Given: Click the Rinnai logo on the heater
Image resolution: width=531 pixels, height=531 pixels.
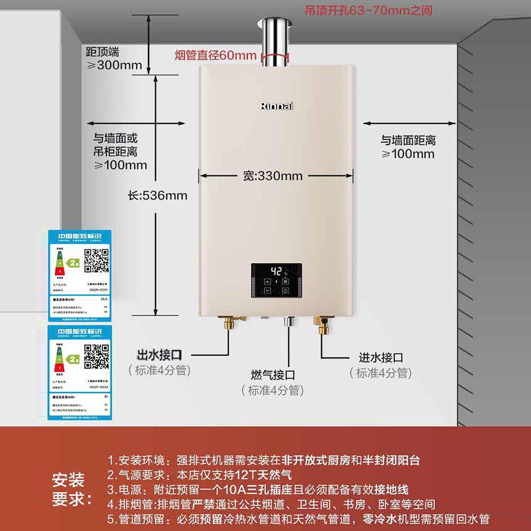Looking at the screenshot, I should tap(277, 106).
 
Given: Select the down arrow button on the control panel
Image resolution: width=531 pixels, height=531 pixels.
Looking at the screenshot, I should tap(268, 290).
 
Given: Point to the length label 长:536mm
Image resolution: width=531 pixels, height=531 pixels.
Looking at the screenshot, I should tap(158, 195).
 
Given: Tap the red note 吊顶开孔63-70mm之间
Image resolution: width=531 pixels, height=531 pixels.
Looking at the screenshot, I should tap(368, 10).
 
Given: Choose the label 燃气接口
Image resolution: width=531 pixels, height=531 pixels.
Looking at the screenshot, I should tap(273, 375).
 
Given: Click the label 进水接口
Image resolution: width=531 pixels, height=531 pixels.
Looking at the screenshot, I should tap(381, 357).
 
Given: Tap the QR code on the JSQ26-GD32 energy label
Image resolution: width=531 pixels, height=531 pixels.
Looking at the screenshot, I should tap(97, 260).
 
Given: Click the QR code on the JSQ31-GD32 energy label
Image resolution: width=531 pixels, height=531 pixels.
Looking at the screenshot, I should tap(97, 356).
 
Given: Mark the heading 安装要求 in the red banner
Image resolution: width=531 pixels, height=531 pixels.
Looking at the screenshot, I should tap(68, 490).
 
